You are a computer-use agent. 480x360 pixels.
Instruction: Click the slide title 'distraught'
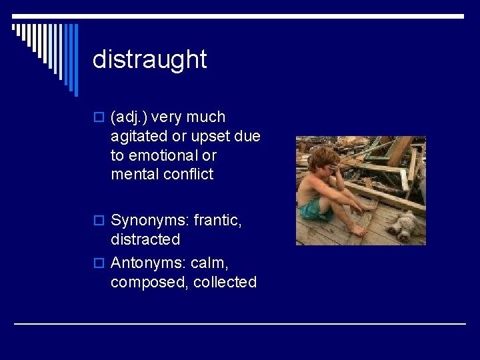point(150,59)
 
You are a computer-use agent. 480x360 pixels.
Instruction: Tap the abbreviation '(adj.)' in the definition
point(129,117)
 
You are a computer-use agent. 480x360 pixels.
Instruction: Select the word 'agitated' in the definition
point(139,137)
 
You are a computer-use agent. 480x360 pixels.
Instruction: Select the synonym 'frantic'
point(217,220)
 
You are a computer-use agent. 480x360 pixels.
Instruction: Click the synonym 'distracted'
point(145,239)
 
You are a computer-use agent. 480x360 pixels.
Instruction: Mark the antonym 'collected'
point(225,282)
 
